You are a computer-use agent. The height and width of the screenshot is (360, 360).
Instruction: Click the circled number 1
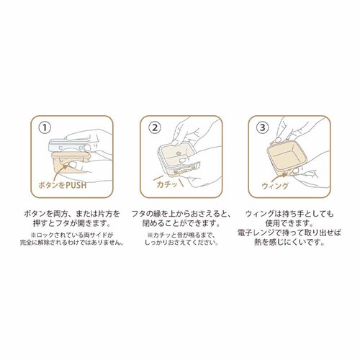click(45, 127)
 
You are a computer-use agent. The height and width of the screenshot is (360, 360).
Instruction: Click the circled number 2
click(155, 127)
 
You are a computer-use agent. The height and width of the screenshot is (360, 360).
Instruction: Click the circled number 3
click(263, 127)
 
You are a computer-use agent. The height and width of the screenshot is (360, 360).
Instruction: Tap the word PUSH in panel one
click(73, 185)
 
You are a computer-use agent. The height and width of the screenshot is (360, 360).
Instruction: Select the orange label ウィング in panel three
click(275, 186)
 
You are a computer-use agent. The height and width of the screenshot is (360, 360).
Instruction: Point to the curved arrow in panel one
click(60, 172)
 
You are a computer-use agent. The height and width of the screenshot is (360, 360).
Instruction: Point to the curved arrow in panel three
click(279, 178)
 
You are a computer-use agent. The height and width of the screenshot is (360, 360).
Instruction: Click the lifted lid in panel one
click(70, 145)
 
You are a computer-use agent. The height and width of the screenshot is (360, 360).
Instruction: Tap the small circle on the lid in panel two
click(179, 153)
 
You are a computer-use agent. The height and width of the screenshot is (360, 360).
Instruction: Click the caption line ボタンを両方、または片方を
click(72, 213)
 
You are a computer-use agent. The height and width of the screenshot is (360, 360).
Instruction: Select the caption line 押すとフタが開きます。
click(72, 223)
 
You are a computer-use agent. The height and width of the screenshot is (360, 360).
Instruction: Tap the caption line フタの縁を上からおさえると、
click(181, 213)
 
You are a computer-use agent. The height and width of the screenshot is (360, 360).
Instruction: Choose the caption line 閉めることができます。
click(181, 223)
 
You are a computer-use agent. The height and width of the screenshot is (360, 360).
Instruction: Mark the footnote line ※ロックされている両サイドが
click(72, 235)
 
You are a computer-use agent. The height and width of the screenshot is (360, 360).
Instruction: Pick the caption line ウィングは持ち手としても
click(289, 213)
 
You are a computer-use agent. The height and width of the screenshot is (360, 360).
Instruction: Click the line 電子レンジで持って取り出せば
click(289, 233)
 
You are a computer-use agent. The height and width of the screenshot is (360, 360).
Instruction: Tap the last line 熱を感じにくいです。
click(289, 243)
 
